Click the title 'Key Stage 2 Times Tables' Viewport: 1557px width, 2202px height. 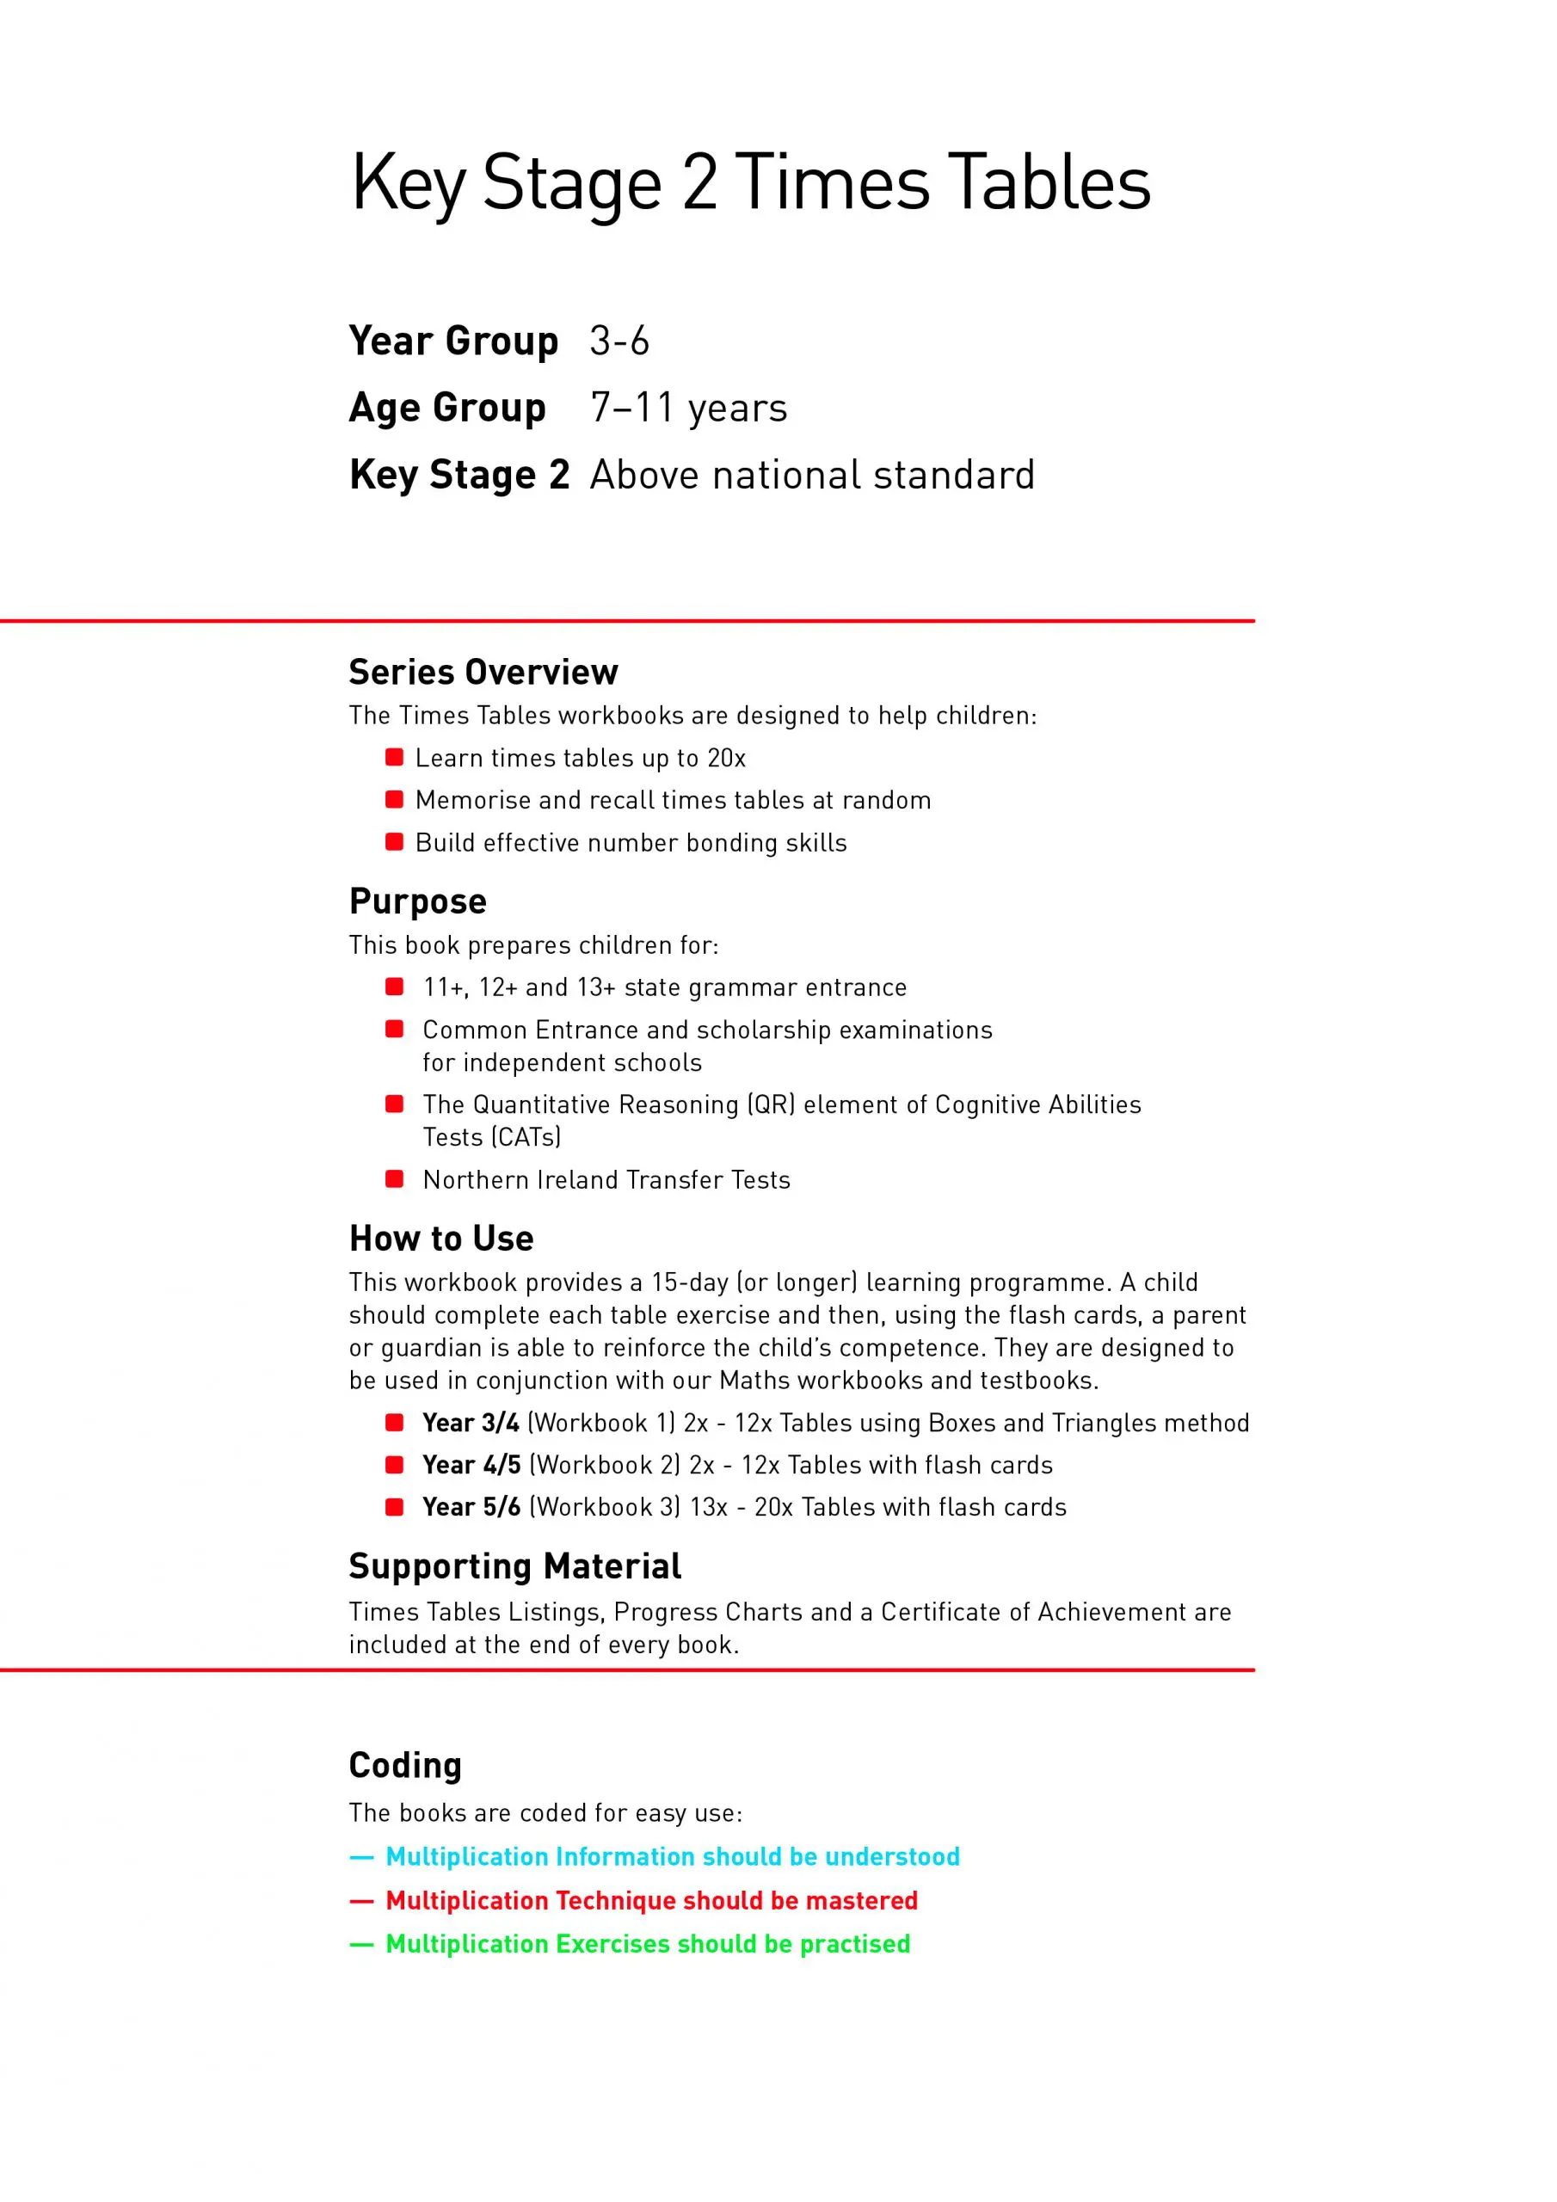[x=750, y=182]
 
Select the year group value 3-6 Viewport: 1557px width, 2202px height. [x=618, y=341]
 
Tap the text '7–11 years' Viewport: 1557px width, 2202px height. [x=688, y=409]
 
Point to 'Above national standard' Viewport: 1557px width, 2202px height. [x=811, y=476]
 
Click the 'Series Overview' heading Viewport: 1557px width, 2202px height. [x=483, y=673]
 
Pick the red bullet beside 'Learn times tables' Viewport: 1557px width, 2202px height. [x=394, y=758]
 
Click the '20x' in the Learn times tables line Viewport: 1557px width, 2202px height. [x=726, y=759]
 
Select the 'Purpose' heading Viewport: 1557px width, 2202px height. [x=417, y=901]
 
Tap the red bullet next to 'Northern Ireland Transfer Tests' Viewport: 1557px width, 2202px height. [x=394, y=1178]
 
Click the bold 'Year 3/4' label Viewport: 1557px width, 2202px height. [x=470, y=1424]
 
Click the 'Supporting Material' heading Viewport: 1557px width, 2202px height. [x=514, y=1567]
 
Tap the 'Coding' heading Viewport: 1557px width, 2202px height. [x=405, y=1766]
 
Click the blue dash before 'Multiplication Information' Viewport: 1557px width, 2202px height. [x=361, y=1858]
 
